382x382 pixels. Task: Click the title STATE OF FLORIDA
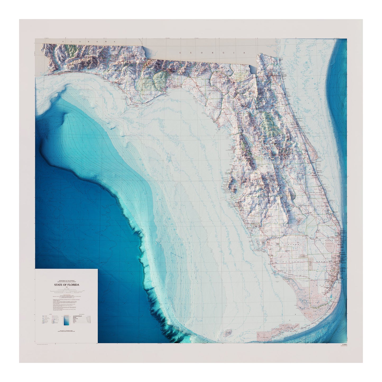[x=66, y=285]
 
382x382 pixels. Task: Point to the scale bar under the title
[x=66, y=291]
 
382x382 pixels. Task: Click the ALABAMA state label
[x=89, y=42]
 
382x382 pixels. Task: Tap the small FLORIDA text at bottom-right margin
[x=344, y=345]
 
